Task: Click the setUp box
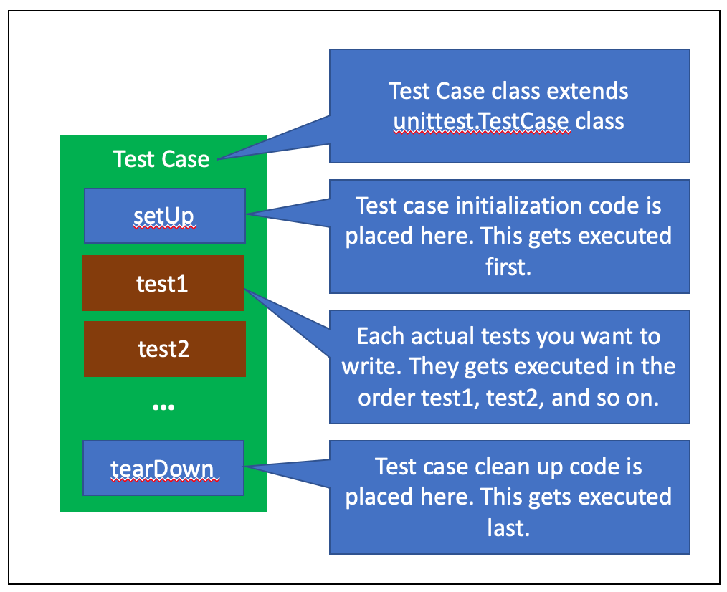point(164,216)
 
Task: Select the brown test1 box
point(163,284)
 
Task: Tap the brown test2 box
point(164,349)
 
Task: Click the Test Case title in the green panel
point(161,158)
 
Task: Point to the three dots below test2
point(163,407)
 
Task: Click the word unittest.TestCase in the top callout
point(482,121)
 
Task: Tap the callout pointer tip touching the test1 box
point(247,290)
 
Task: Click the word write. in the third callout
point(371,367)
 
